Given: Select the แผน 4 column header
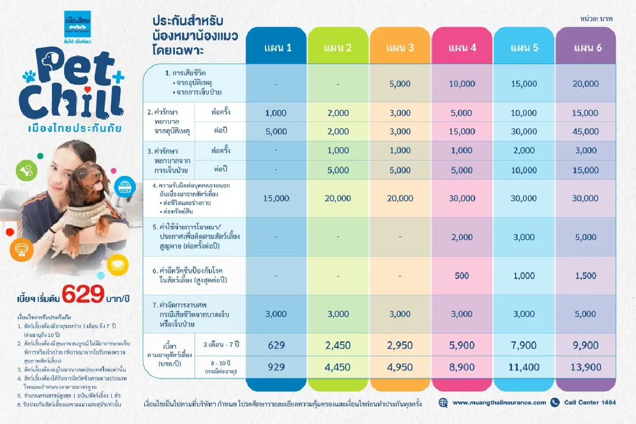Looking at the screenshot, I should tap(462, 48).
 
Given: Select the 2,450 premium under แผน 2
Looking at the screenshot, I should tap(338, 345).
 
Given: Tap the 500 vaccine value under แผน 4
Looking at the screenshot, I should tap(462, 276).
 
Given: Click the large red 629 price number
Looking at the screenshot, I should tap(83, 295).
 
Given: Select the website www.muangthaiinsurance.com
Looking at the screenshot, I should tap(499, 402).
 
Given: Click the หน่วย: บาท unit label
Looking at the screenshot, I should tap(597, 19).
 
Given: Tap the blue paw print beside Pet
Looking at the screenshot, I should tap(29, 77).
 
